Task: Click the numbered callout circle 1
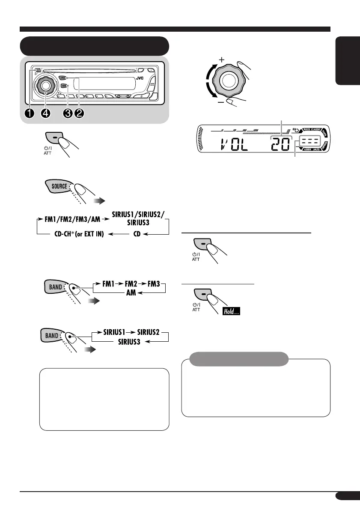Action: point(30,114)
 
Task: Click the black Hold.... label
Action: point(231,312)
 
